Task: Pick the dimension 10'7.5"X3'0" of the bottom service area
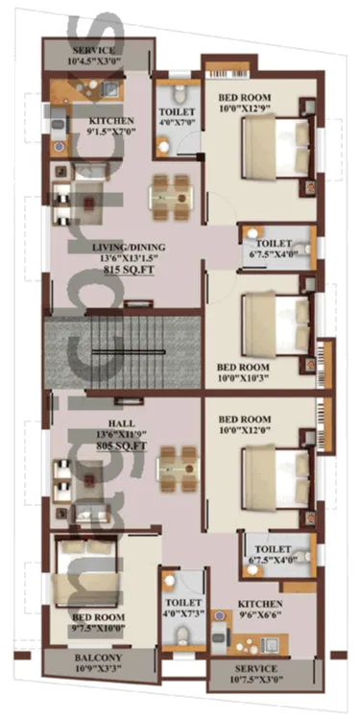click(x=254, y=681)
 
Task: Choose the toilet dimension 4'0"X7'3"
click(x=180, y=588)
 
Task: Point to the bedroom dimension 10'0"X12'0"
click(x=246, y=431)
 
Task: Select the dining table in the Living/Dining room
click(x=172, y=195)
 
